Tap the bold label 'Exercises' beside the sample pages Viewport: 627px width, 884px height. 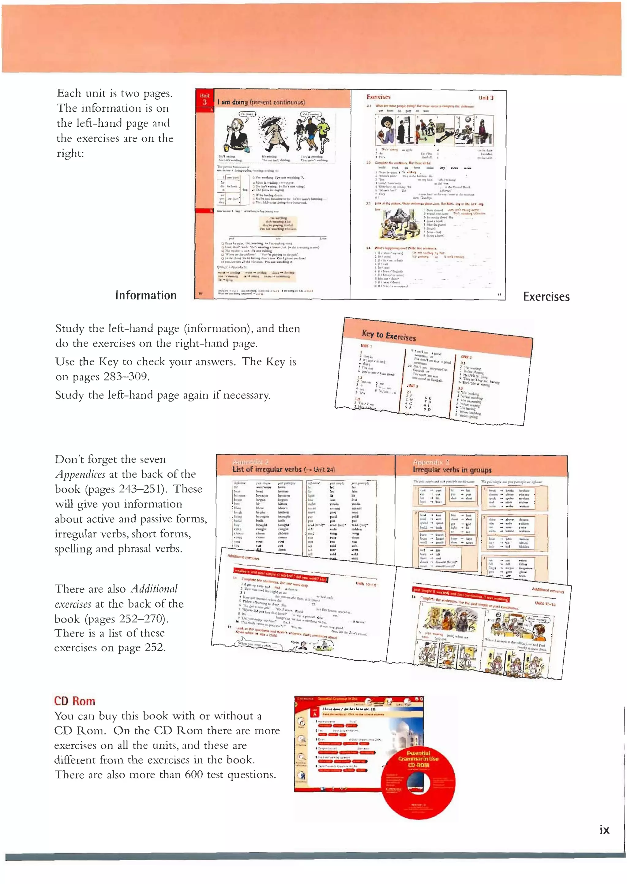(x=546, y=297)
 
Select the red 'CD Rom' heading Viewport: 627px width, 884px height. (x=74, y=701)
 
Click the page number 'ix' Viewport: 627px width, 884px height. (x=604, y=830)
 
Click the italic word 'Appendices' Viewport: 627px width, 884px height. (x=80, y=474)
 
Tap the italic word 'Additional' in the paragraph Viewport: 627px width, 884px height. (x=154, y=589)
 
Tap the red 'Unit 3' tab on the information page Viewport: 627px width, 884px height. (x=205, y=99)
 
